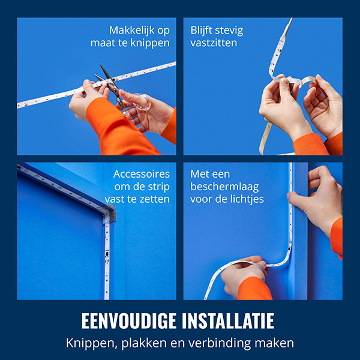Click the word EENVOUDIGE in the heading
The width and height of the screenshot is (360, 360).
pyautogui.click(x=129, y=321)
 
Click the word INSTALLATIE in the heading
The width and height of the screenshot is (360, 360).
pyautogui.click(x=228, y=321)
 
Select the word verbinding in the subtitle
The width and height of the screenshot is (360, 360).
pyautogui.click(x=220, y=343)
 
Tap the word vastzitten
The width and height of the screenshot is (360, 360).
pyautogui.click(x=214, y=43)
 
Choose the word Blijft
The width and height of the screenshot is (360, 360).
pyautogui.click(x=201, y=31)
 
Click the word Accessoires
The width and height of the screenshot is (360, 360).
pyautogui.click(x=142, y=174)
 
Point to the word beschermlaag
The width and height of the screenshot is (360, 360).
pyautogui.click(x=224, y=187)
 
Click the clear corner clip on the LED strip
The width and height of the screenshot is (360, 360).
pyautogui.click(x=109, y=214)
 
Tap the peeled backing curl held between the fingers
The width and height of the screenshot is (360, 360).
pyautogui.click(x=308, y=80)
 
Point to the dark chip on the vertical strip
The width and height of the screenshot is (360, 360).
pyautogui.click(x=107, y=254)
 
